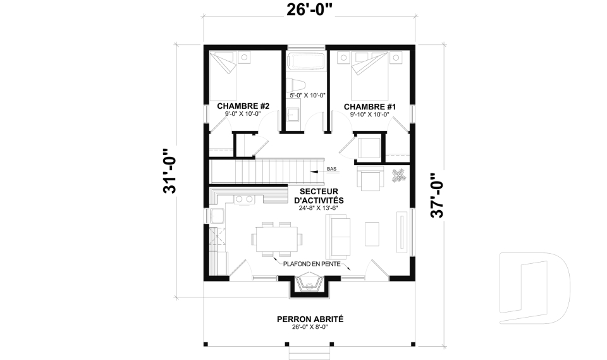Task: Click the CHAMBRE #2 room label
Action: click(x=243, y=106)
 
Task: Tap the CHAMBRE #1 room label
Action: click(x=370, y=106)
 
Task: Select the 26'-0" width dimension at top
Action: click(x=310, y=10)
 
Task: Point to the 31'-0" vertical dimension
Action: click(x=169, y=171)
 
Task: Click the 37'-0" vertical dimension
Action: click(x=437, y=196)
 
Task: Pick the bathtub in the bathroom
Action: click(x=307, y=61)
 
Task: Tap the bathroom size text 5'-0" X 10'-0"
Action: click(x=307, y=95)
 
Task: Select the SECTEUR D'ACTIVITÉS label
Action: click(x=319, y=196)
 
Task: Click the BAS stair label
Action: click(x=332, y=169)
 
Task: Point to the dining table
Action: click(x=276, y=239)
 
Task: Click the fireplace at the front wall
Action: click(x=309, y=284)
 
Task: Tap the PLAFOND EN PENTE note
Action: click(x=312, y=264)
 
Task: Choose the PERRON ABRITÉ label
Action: click(x=310, y=320)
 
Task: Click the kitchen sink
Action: click(x=217, y=216)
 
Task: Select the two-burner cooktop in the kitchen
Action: click(x=244, y=199)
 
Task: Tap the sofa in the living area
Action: click(x=338, y=237)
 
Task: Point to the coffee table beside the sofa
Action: click(x=372, y=233)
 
